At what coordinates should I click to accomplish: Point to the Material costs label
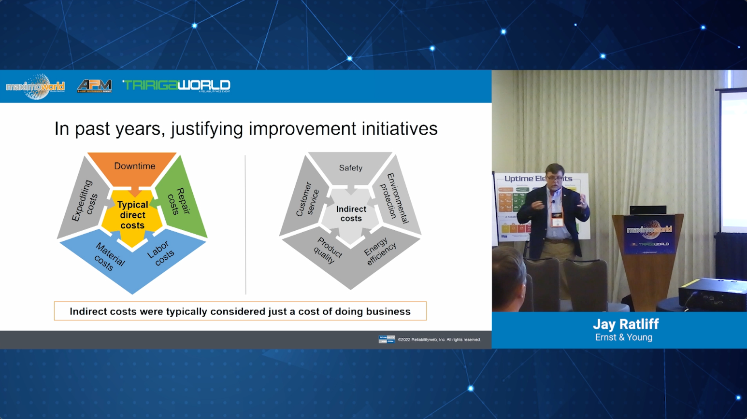(108, 256)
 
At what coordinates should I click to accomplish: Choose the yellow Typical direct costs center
(132, 215)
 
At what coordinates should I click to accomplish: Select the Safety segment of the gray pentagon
(350, 168)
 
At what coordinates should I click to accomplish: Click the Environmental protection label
(394, 198)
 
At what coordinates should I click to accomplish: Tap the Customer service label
(307, 199)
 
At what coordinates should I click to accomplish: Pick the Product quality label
(328, 250)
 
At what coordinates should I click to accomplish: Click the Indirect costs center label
(351, 214)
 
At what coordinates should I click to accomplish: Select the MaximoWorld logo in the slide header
(35, 86)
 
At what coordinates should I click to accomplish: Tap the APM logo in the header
(95, 86)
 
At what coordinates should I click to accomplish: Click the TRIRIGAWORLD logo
(176, 85)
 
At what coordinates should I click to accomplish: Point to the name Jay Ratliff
(626, 324)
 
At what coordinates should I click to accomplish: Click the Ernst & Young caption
(623, 337)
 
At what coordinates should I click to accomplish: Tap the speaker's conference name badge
(557, 219)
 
